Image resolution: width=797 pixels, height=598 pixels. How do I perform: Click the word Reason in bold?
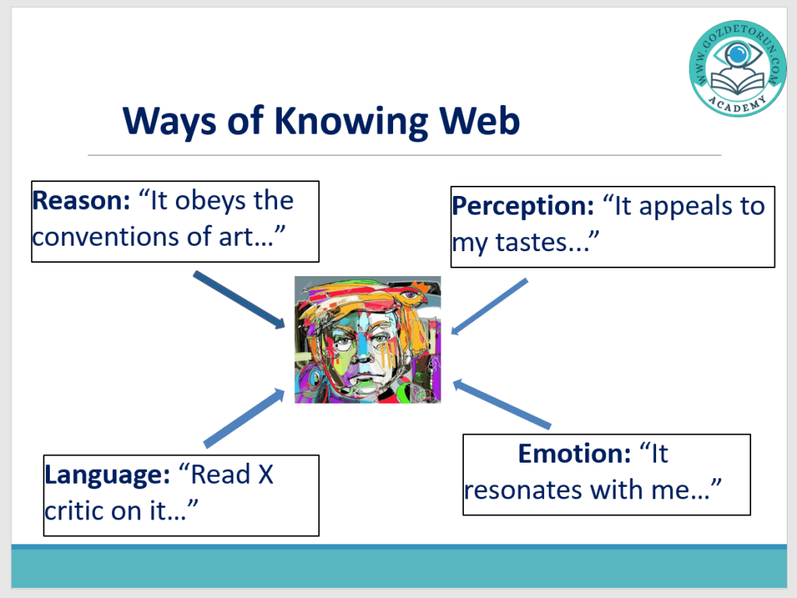pos(81,200)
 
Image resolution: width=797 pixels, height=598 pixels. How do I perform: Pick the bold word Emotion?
pos(574,453)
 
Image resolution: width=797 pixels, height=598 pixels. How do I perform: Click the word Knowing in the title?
pos(351,122)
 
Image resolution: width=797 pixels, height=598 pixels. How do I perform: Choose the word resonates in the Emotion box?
pos(524,491)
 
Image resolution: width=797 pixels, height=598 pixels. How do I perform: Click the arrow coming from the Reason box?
pos(239,299)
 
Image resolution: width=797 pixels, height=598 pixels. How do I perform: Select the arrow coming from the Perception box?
pos(490,306)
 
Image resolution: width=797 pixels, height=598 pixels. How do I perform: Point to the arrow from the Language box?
pos(244,418)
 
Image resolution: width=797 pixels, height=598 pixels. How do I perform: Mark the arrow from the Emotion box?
pos(502,404)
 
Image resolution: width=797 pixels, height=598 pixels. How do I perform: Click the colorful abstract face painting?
pos(367,340)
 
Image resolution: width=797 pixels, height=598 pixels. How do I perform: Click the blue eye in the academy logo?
pos(736,53)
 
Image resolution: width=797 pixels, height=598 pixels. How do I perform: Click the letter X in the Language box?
pos(266,475)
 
